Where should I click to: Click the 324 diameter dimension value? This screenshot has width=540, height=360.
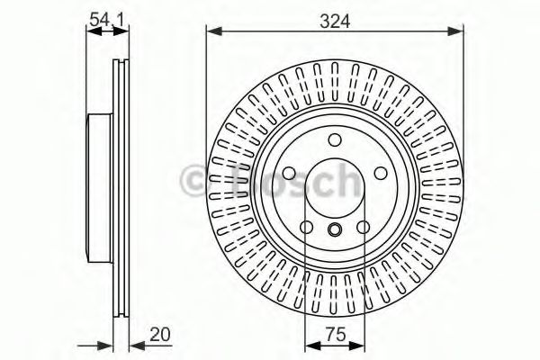(x=335, y=22)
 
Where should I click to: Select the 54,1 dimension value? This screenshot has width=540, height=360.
(x=106, y=20)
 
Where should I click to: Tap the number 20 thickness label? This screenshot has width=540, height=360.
(x=160, y=334)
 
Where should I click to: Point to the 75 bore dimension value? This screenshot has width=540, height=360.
(x=336, y=334)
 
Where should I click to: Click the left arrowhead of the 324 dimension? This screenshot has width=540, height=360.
(x=213, y=31)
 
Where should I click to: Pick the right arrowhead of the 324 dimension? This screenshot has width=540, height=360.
(x=455, y=31)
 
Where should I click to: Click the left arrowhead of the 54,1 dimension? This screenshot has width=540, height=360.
(x=94, y=31)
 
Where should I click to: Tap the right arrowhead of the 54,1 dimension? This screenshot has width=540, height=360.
(x=121, y=31)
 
